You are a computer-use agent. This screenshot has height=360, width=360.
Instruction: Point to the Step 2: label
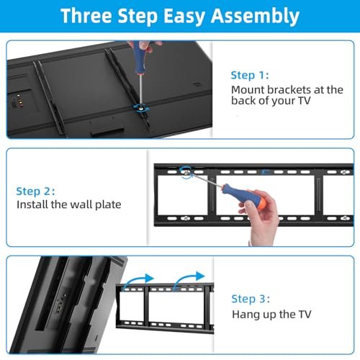pyautogui.click(x=35, y=192)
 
